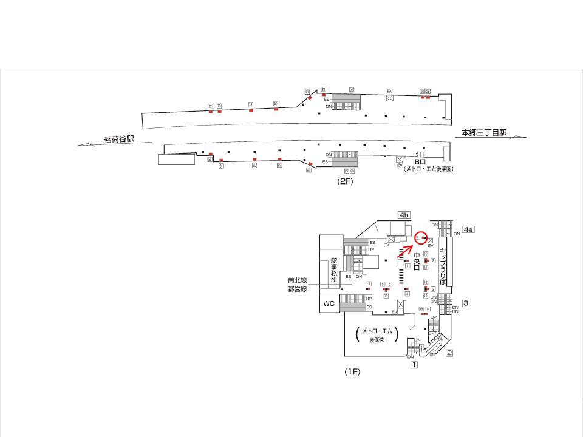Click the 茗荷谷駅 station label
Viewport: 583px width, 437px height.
click(x=118, y=140)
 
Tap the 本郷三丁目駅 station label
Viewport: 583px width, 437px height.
click(x=484, y=133)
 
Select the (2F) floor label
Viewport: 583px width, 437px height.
click(x=346, y=181)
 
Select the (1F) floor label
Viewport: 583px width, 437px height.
click(x=353, y=371)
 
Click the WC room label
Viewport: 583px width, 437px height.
click(x=329, y=303)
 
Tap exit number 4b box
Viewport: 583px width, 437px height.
click(x=404, y=215)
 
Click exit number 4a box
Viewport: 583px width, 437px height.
click(x=468, y=229)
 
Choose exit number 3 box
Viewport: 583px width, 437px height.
click(x=466, y=303)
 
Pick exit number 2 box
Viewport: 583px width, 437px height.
click(x=449, y=353)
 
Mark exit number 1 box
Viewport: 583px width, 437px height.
click(x=414, y=365)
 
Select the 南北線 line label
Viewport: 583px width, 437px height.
click(x=298, y=281)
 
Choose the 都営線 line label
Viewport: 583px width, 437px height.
click(x=298, y=289)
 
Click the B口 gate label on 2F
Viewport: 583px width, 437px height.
click(x=420, y=162)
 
